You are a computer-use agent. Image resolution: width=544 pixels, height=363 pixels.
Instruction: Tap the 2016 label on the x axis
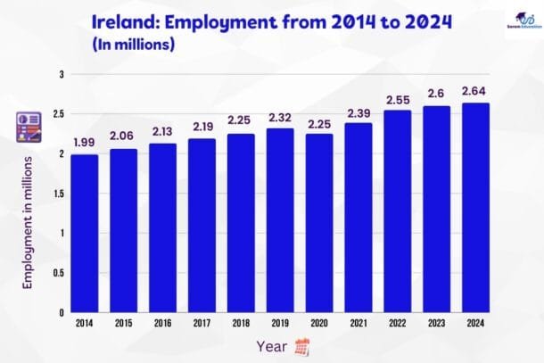[161, 322]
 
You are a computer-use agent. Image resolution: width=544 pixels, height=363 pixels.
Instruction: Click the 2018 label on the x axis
[242, 322]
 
